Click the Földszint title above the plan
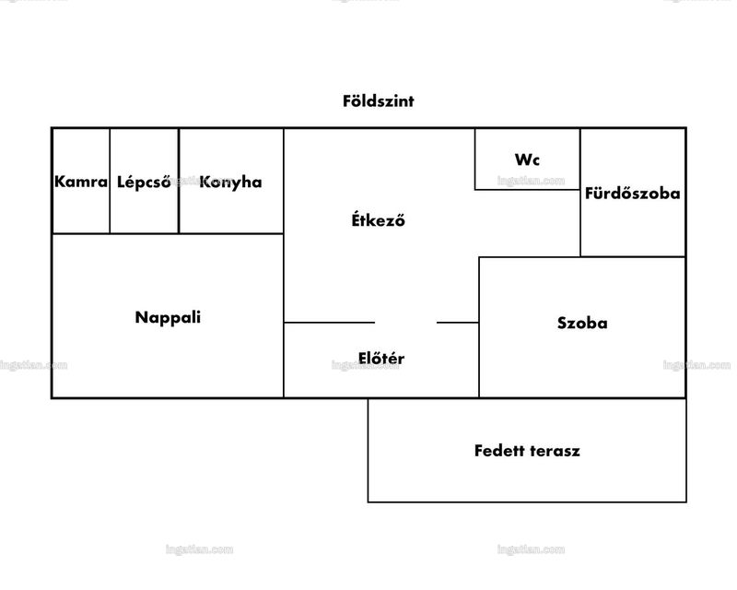pyautogui.click(x=379, y=101)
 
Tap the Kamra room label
pyautogui.click(x=81, y=182)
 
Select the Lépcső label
pyautogui.click(x=144, y=183)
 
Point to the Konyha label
pyautogui.click(x=231, y=183)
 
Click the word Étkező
pyautogui.click(x=379, y=219)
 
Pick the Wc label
pyautogui.click(x=527, y=160)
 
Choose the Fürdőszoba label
pyautogui.click(x=633, y=193)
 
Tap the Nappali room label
pyautogui.click(x=168, y=317)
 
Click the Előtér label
pyautogui.click(x=381, y=358)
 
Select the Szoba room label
pyautogui.click(x=582, y=324)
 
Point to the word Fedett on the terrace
pyautogui.click(x=499, y=451)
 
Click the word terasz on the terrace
pyautogui.click(x=555, y=451)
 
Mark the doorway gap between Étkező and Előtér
pyautogui.click(x=406, y=323)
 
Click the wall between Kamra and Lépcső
pyautogui.click(x=110, y=181)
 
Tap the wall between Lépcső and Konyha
pyautogui.click(x=179, y=181)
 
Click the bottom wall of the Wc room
pyautogui.click(x=527, y=190)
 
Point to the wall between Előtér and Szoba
pyautogui.click(x=479, y=360)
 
